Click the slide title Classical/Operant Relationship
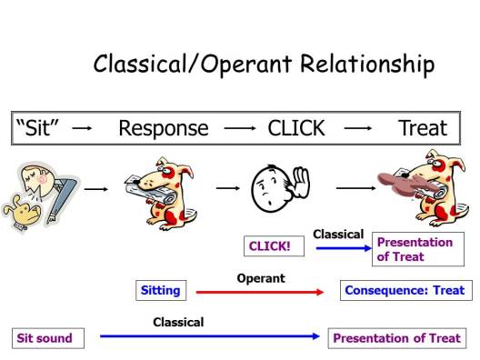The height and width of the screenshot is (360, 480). coord(264,65)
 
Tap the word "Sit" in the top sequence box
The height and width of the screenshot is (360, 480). coord(37,128)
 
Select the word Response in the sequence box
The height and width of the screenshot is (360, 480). coord(163,128)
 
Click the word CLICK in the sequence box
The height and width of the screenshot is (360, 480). coord(295,128)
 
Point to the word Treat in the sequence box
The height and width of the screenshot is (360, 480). coord(422,128)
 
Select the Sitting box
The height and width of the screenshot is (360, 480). coord(160,291)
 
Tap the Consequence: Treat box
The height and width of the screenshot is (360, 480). coord(405,291)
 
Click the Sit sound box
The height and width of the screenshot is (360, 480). coord(45,338)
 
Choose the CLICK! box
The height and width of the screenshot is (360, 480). coord(269,246)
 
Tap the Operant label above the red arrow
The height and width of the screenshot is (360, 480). coord(261,278)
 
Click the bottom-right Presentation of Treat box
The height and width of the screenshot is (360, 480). coord(396,338)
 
